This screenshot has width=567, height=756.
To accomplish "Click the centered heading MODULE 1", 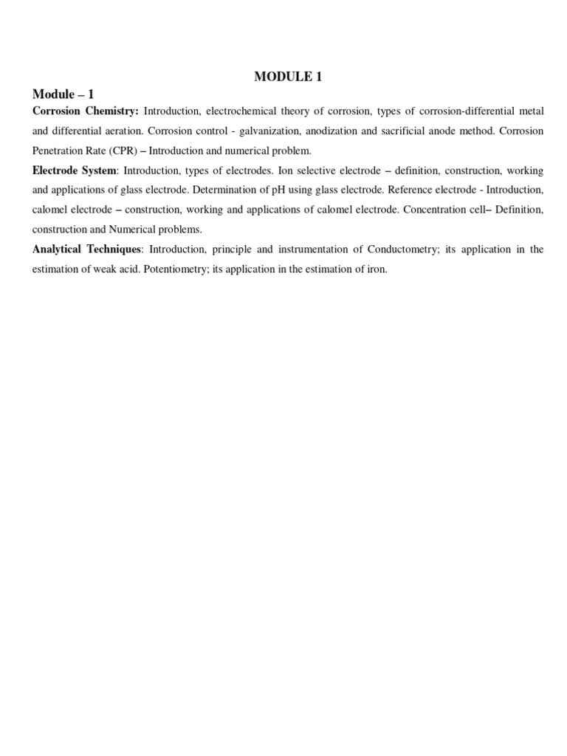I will (x=288, y=76).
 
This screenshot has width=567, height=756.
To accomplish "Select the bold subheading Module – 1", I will (x=63, y=94).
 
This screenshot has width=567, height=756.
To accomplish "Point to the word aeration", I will (x=126, y=131).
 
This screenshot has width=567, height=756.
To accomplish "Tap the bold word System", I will (x=97, y=171).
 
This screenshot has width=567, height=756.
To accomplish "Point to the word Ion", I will (x=285, y=171).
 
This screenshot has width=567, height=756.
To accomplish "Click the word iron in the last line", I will (x=377, y=269).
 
